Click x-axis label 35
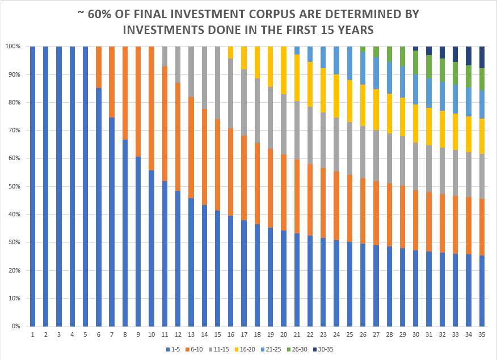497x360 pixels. coord(482,335)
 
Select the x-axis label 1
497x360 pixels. coord(32,335)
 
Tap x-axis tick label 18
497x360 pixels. coord(257,335)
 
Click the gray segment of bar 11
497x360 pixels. coord(165,56)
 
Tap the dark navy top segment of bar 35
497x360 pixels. coord(482,57)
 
